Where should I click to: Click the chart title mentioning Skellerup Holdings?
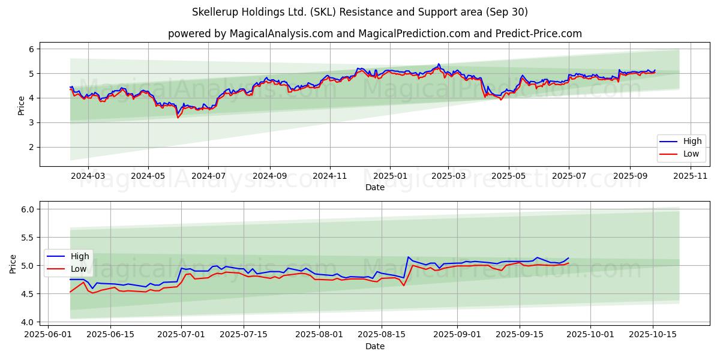tap(360, 12)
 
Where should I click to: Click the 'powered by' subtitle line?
tap(374, 34)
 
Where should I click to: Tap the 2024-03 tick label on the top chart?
tap(88, 176)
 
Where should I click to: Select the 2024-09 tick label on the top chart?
tap(269, 176)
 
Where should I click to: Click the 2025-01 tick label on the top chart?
tap(390, 176)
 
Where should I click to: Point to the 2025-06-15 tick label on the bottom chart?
tap(110, 335)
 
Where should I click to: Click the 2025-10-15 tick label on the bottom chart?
tap(653, 335)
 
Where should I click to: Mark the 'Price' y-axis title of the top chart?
tap(22, 106)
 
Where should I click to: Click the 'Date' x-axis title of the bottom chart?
tap(374, 346)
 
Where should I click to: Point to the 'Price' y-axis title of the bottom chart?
tap(13, 264)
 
